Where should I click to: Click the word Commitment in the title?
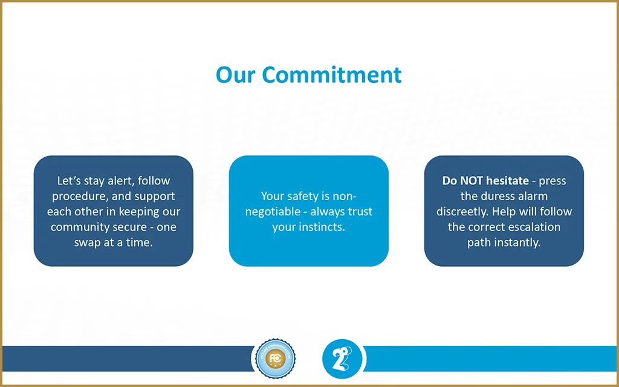332,74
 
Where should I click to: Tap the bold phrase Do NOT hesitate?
485,181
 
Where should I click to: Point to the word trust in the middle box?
360,212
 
